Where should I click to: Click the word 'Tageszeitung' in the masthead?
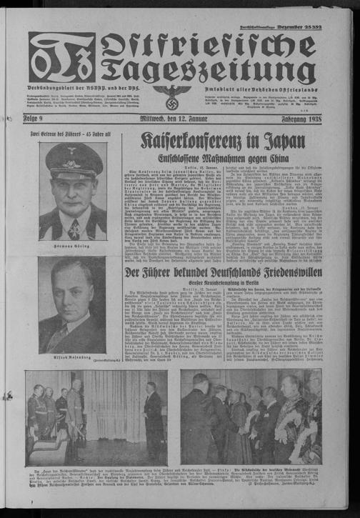point(207,71)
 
